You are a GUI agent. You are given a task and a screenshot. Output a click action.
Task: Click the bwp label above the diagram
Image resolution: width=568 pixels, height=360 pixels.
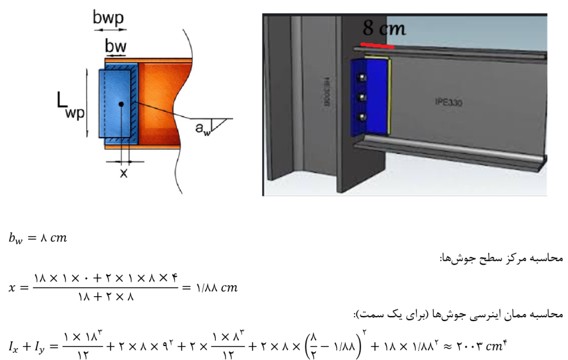coord(108,18)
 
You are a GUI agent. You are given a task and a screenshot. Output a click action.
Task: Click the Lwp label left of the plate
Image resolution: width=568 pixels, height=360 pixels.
coord(70,105)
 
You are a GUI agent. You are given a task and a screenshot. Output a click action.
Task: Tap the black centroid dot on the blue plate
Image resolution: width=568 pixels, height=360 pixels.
coord(121,104)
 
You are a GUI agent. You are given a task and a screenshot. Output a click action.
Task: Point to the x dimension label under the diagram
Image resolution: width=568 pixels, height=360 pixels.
coord(124,173)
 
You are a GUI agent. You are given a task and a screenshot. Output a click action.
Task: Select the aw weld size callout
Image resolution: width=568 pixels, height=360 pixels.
coord(202,129)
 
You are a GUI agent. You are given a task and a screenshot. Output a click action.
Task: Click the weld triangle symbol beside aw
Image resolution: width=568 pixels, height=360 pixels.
coord(219,125)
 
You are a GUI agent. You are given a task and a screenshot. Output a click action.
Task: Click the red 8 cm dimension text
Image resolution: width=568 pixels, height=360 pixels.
coord(384,28)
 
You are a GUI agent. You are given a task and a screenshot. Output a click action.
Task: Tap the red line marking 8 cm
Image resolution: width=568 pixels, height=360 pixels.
coord(377,45)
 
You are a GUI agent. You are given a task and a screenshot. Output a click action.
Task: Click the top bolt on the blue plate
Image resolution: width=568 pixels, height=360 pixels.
coord(361,77)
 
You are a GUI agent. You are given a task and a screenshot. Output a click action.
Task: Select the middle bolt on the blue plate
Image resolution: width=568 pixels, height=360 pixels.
coord(361,97)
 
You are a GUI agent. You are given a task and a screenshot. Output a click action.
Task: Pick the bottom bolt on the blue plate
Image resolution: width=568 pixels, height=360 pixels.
coord(361,118)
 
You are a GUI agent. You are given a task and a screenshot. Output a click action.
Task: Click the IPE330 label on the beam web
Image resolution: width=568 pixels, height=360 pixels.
coord(448,103)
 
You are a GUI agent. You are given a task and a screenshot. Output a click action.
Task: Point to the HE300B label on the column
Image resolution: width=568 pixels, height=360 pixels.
coord(326,92)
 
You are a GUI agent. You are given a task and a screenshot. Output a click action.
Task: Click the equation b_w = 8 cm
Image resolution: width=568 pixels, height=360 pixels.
coord(38,239)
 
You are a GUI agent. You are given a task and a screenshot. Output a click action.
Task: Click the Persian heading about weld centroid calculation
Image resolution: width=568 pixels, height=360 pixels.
coord(501,258)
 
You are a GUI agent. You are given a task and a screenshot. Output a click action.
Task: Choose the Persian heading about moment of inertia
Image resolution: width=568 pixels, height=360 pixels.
coord(458,314)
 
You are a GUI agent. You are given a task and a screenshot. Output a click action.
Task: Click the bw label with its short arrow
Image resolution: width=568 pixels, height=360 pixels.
coord(115,48)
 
